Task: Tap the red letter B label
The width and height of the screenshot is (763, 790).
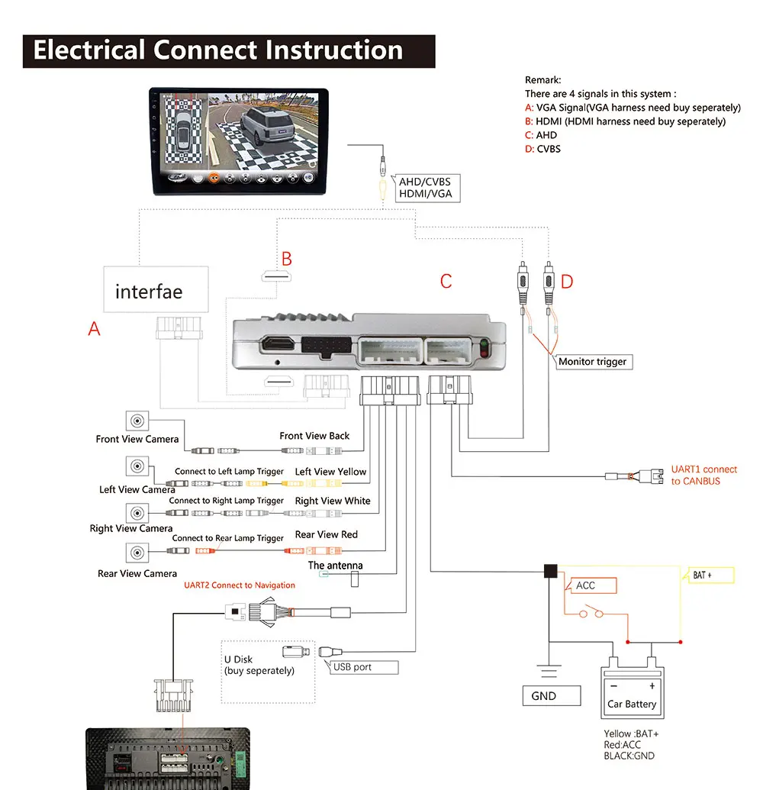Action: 287,259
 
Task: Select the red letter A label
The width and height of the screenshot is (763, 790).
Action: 94,328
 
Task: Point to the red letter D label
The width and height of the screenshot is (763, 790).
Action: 567,282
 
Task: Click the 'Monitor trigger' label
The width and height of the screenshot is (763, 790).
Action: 593,362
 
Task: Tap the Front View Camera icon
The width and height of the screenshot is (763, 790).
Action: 137,421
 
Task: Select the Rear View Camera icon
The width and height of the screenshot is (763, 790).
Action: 137,553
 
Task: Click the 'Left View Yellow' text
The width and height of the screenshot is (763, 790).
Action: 330,472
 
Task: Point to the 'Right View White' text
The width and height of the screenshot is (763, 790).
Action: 333,501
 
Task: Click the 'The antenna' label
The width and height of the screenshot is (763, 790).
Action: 336,566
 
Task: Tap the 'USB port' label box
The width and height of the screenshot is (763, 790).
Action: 364,667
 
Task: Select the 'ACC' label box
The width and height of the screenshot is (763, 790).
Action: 590,585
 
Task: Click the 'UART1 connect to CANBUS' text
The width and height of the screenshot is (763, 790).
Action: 704,475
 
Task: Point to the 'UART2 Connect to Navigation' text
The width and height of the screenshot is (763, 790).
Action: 240,585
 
